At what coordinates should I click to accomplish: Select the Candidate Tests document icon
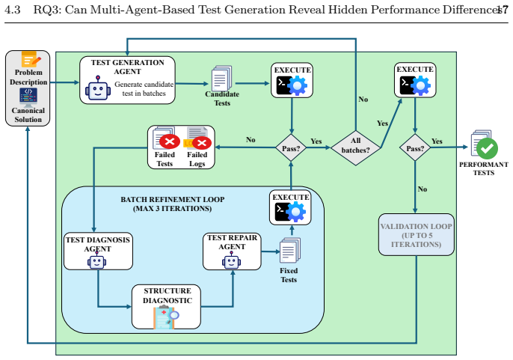point(222,79)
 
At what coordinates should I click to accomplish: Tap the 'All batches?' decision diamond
point(356,147)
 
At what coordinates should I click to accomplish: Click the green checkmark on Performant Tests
point(487,148)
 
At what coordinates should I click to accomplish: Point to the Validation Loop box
point(416,234)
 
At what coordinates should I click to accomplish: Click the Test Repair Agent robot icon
point(232,260)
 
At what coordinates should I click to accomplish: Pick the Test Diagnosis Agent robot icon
point(97,260)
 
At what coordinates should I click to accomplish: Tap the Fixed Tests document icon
point(290,251)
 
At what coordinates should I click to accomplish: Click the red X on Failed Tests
point(170,141)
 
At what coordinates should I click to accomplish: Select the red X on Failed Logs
point(202,143)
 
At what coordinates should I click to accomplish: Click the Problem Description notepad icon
point(31,59)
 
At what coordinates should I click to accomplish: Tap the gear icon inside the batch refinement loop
point(296,212)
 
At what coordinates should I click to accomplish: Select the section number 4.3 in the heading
point(13,10)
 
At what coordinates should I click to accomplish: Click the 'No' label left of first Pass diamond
point(251,140)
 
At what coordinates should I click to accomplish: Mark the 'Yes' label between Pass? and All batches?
point(316,141)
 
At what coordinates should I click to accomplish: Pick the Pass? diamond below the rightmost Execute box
point(415,147)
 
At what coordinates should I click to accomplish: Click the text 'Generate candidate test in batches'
point(144,89)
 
